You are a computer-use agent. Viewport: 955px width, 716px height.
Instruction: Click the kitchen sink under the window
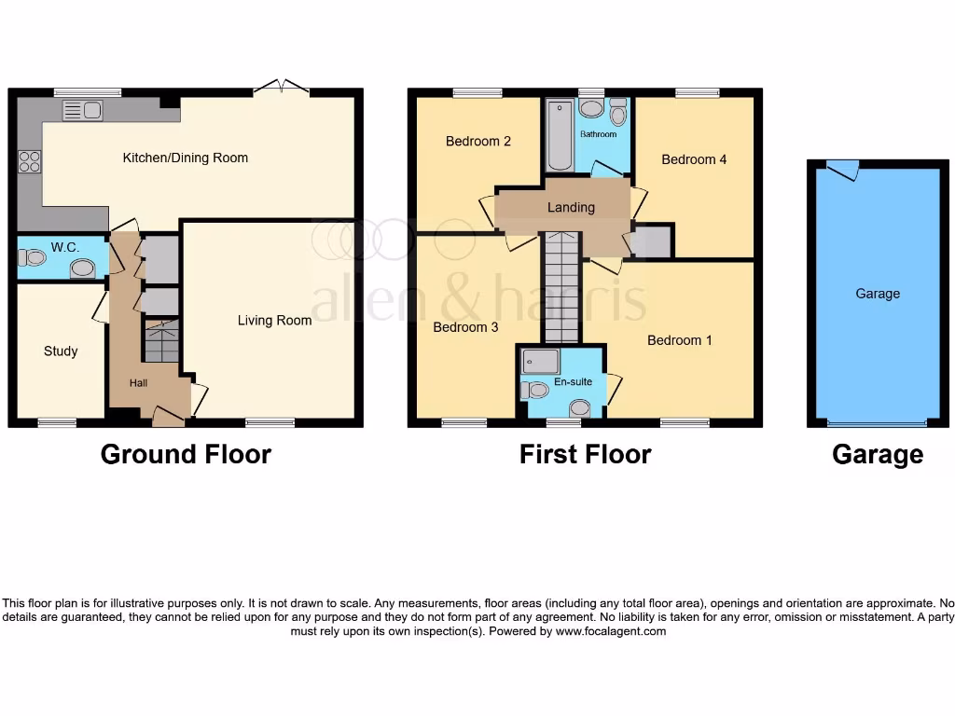82,111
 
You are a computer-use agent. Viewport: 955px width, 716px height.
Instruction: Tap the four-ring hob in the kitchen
29,162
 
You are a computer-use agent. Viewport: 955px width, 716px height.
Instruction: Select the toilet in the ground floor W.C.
34,257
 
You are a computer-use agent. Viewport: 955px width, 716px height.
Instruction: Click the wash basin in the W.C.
82,268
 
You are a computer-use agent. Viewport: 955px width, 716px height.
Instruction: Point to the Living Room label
274,321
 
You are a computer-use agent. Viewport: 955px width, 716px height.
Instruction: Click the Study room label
61,351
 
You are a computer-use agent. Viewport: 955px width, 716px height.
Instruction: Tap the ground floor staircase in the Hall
159,341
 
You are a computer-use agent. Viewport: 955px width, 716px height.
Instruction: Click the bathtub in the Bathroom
560,136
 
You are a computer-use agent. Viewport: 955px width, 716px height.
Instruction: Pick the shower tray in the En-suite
542,361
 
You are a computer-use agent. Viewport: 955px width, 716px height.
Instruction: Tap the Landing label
571,207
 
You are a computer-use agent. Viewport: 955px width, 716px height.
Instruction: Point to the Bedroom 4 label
694,159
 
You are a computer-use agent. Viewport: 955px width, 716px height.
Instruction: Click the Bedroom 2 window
477,92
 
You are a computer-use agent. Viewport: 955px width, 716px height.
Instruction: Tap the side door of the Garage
842,169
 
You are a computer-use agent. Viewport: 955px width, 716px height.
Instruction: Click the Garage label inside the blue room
878,294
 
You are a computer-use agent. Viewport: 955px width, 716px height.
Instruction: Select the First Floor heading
585,454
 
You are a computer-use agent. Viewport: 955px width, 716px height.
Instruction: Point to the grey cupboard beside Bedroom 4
652,241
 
